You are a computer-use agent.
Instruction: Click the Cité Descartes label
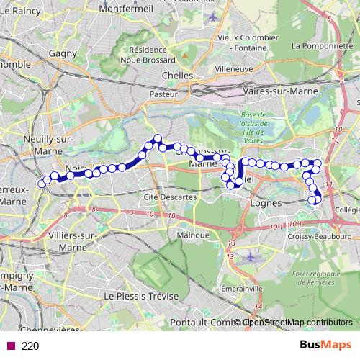click(171, 196)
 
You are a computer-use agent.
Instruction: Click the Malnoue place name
click(193, 235)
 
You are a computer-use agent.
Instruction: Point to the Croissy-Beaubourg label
click(313, 235)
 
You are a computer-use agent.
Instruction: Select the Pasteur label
click(163, 94)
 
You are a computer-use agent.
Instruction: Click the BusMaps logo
click(325, 345)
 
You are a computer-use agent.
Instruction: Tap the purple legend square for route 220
click(9, 346)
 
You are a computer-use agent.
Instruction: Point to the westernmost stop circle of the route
click(42, 183)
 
